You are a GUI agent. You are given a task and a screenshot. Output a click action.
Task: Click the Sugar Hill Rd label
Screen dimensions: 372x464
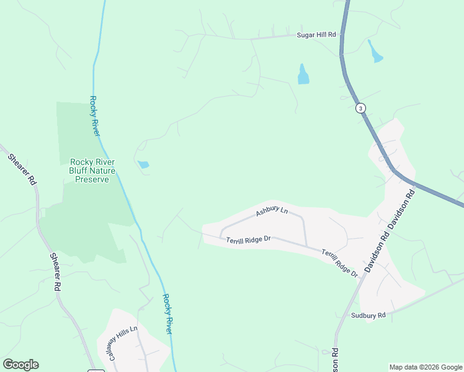(x=315, y=36)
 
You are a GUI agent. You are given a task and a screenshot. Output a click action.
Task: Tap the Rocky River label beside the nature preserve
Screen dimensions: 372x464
(x=96, y=116)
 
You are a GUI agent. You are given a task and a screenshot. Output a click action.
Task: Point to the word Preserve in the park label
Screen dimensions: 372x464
(x=92, y=179)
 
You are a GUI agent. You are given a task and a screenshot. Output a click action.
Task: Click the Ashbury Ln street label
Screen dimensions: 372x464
(x=272, y=213)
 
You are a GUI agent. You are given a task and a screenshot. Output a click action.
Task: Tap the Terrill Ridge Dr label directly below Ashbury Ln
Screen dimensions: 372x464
(x=248, y=239)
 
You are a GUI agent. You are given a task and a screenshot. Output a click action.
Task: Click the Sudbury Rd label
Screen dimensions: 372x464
(x=368, y=315)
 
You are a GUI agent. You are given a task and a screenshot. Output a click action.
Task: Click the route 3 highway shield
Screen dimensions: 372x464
(x=360, y=108)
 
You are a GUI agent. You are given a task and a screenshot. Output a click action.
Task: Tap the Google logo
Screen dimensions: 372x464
(x=20, y=365)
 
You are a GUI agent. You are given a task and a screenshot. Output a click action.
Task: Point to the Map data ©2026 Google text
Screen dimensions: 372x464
(x=426, y=367)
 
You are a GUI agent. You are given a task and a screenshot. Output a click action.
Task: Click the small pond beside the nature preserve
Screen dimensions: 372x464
(x=143, y=164)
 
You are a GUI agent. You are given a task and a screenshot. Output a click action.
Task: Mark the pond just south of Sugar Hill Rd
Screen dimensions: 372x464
(x=303, y=74)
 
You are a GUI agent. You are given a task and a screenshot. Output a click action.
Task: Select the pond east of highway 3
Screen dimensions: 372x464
(x=375, y=52)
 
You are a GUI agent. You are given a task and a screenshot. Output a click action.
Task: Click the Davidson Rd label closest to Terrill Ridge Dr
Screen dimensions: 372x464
(x=377, y=249)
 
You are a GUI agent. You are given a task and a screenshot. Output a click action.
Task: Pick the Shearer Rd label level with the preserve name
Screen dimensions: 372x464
(x=22, y=168)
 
